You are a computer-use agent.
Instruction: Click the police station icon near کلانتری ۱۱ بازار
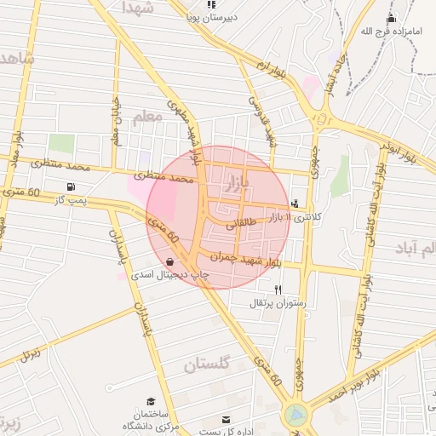[x=295, y=204]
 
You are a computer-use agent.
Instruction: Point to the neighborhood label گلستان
[x=207, y=364]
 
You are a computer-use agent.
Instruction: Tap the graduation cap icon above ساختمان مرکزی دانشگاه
[x=151, y=400]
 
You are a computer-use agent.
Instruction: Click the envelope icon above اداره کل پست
[x=227, y=420]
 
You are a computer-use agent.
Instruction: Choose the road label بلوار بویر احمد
[x=352, y=384]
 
